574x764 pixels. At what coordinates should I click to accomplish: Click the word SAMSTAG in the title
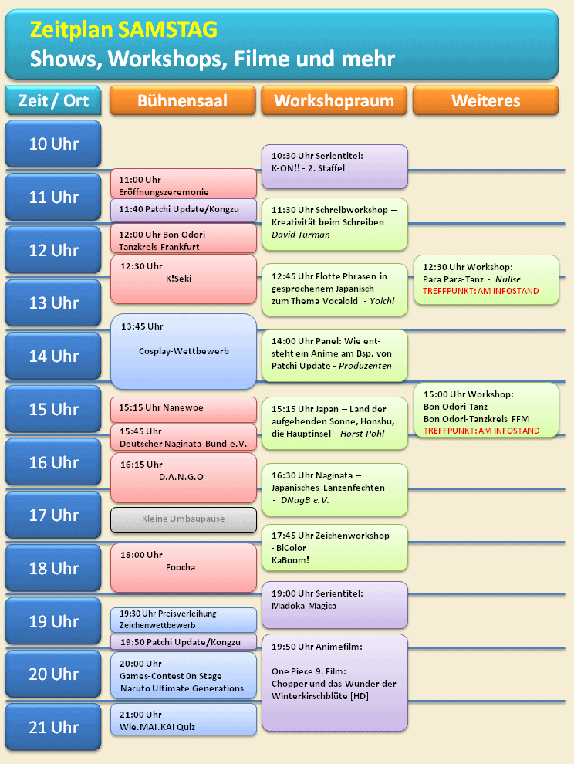coord(166,29)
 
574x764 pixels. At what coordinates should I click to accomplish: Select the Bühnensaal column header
coord(183,100)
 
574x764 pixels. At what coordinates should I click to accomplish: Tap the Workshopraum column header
coord(334,100)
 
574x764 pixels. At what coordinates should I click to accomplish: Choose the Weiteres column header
coord(485,100)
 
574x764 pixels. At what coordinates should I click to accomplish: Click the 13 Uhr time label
coord(53,303)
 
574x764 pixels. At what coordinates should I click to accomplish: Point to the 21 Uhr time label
coord(53,727)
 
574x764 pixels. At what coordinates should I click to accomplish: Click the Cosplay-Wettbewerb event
coord(183,351)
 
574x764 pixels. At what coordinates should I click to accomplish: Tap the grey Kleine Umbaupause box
coord(183,520)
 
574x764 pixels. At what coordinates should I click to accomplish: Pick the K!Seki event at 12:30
coord(183,279)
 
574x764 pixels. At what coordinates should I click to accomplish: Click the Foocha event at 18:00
coord(183,568)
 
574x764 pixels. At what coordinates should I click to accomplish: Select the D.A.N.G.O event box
coord(183,478)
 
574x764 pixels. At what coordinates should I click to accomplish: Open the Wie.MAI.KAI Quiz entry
coord(183,719)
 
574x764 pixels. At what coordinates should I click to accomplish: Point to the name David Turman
coord(301,235)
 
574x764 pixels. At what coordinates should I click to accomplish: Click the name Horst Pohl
coord(362,434)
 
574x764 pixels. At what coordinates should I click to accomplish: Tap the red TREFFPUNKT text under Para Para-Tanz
coord(481,291)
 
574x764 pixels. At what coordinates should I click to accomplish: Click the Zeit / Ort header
coord(53,100)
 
